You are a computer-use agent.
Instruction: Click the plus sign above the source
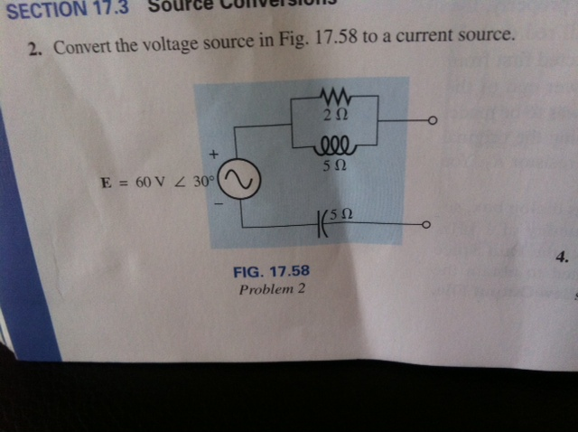tap(215, 156)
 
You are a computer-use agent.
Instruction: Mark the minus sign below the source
tap(217, 206)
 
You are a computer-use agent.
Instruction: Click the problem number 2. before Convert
tap(34, 52)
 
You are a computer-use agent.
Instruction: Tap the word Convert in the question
tap(83, 47)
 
